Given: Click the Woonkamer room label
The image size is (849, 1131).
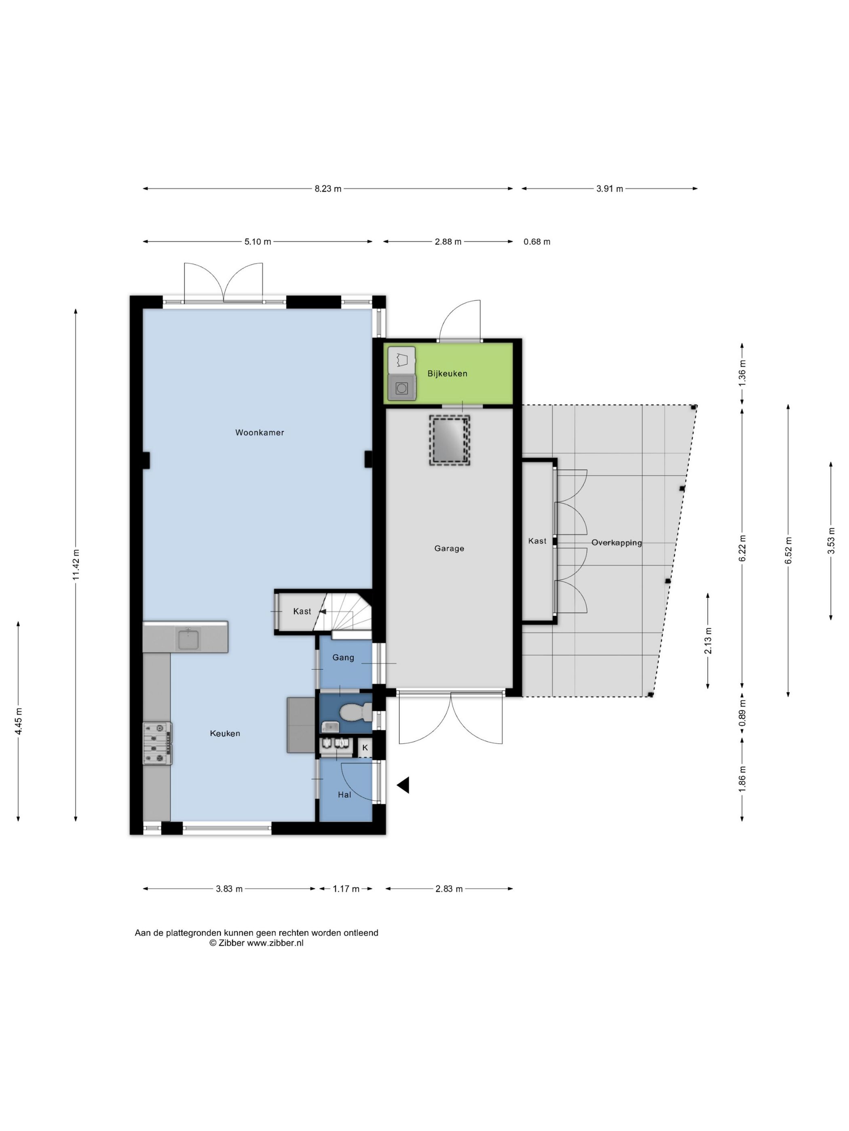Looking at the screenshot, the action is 260,433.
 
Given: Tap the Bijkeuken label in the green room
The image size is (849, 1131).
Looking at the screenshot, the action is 447,374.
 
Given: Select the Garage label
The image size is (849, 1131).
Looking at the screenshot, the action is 449,549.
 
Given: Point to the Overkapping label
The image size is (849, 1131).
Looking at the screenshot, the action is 616,543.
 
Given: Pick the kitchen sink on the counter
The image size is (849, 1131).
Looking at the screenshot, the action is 188,639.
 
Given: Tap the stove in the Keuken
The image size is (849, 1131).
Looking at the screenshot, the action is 157,744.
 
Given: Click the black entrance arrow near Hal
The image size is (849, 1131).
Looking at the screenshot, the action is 403,785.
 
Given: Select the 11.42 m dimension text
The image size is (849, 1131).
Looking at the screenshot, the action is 76,564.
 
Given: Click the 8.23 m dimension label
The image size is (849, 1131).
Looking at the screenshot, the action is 327,189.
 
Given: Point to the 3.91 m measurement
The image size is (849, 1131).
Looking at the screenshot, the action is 610,189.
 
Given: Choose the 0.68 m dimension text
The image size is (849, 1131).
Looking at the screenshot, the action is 537,242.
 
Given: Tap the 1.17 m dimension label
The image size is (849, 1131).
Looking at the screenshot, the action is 346,889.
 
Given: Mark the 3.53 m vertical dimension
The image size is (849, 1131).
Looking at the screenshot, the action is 831,540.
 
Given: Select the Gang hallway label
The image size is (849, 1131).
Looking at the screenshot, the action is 343,658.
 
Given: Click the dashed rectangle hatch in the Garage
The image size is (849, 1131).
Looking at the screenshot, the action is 449,440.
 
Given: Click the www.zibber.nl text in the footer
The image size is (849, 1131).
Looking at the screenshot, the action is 275,943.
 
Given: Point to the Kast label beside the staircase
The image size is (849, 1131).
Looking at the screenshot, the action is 302,612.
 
